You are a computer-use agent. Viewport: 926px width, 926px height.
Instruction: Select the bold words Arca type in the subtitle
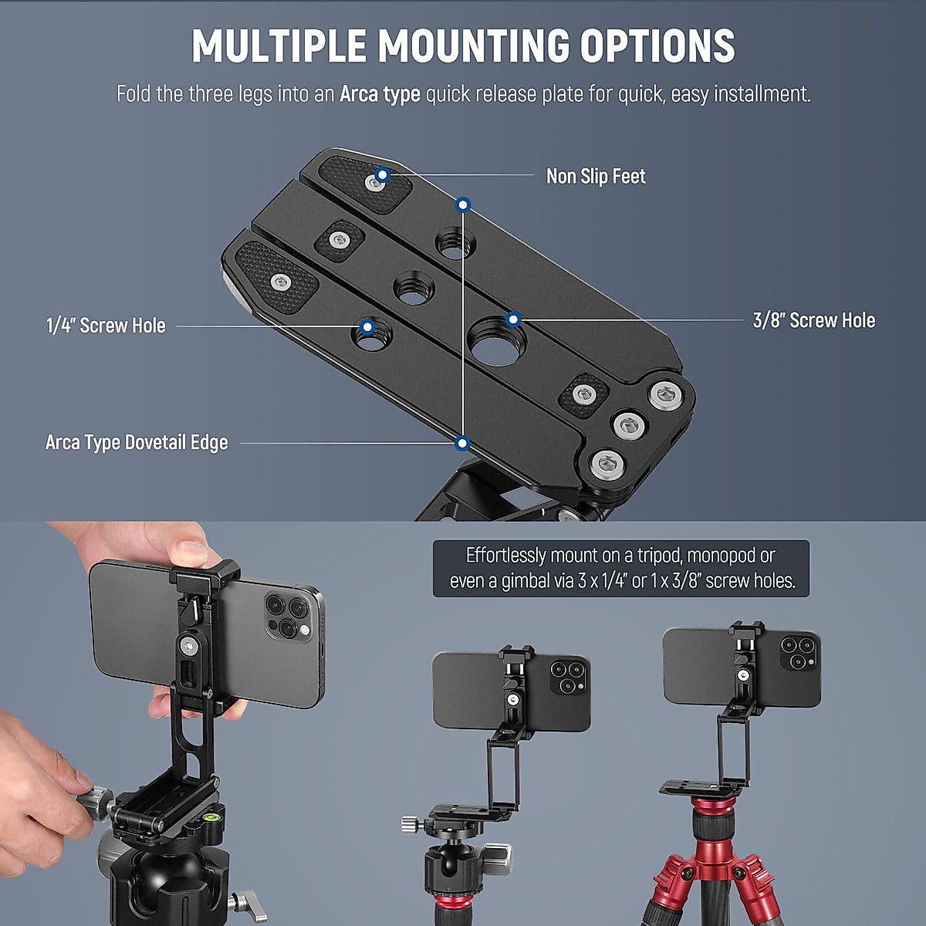tap(380, 95)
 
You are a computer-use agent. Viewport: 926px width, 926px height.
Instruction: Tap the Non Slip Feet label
tap(596, 177)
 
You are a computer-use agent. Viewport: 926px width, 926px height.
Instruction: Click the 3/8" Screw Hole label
tap(813, 321)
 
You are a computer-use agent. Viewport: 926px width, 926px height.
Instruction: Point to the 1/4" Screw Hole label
tap(106, 326)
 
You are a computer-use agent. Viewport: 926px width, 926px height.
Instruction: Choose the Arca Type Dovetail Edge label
tap(137, 443)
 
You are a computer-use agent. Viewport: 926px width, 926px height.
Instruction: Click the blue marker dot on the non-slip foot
tap(382, 177)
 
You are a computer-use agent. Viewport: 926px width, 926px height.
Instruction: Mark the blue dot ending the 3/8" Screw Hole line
tap(512, 319)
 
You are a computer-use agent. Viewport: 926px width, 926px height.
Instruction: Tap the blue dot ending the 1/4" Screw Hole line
tap(368, 326)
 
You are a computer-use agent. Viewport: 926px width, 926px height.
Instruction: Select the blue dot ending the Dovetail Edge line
tap(462, 443)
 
